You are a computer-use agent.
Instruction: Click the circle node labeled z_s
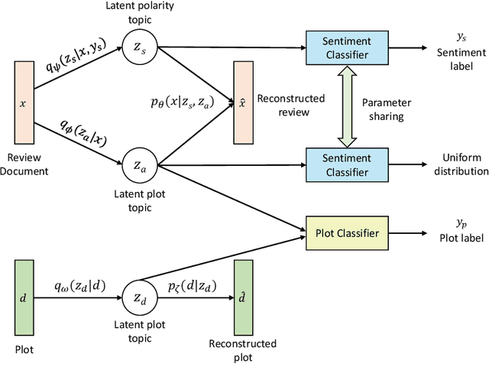[x=138, y=47]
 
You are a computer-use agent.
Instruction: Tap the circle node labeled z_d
[x=138, y=297]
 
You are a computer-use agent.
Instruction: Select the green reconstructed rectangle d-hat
[x=243, y=296]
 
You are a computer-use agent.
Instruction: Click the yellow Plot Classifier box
[x=342, y=233]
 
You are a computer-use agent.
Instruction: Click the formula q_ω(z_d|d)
[x=80, y=287]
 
